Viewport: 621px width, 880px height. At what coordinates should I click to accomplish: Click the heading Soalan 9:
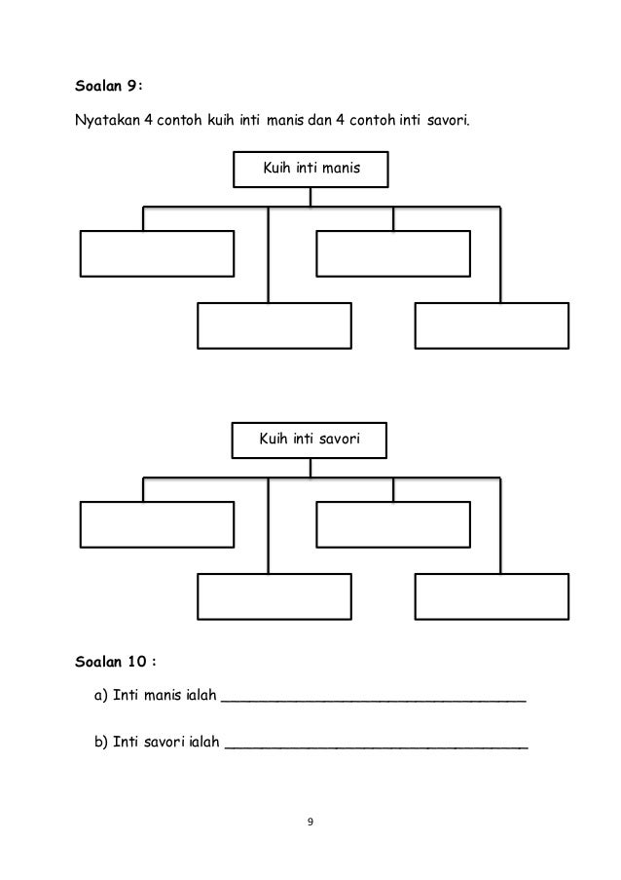pos(109,85)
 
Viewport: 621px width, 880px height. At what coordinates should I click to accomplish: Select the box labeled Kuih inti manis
pos(310,169)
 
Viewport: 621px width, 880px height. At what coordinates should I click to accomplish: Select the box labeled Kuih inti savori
pos(310,440)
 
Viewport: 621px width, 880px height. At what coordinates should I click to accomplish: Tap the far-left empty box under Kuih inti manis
pos(157,253)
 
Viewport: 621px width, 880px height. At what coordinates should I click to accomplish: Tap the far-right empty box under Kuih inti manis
pos(492,325)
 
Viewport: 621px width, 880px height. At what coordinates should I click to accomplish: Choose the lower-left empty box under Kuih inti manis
pos(274,325)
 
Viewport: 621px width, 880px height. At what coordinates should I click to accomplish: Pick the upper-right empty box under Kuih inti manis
pos(393,253)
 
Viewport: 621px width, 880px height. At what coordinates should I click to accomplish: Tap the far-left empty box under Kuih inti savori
pos(157,524)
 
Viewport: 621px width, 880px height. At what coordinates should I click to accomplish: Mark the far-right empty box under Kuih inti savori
pos(492,596)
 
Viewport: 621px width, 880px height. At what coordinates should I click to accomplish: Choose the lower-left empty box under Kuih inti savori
pos(274,596)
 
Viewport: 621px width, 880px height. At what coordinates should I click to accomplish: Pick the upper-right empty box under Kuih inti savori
pos(393,524)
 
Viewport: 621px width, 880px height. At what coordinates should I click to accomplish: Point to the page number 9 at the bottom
pos(310,824)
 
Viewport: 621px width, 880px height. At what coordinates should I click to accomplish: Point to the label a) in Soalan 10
pos(100,696)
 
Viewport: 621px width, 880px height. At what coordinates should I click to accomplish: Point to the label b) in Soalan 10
pos(100,743)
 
